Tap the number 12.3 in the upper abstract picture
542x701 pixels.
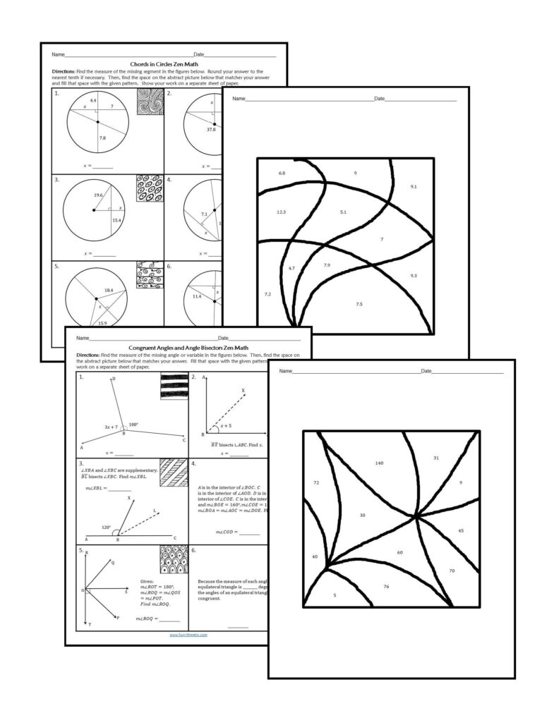pos(281,212)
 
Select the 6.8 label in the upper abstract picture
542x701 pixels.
pos(282,173)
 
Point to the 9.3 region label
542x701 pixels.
pos(413,276)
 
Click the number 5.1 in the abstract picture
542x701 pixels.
pos(343,212)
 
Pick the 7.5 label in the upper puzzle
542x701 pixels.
pos(359,304)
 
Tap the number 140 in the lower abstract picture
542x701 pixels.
pos(379,463)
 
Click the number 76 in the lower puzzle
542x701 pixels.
pos(385,587)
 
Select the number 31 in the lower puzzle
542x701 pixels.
pos(435,458)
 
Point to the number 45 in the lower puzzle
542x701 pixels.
pos(461,530)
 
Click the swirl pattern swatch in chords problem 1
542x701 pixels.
pos(149,102)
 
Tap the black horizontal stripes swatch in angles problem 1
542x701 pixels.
pos(174,386)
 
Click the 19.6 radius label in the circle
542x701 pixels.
pos(97,195)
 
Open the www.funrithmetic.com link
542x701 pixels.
pos(188,634)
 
